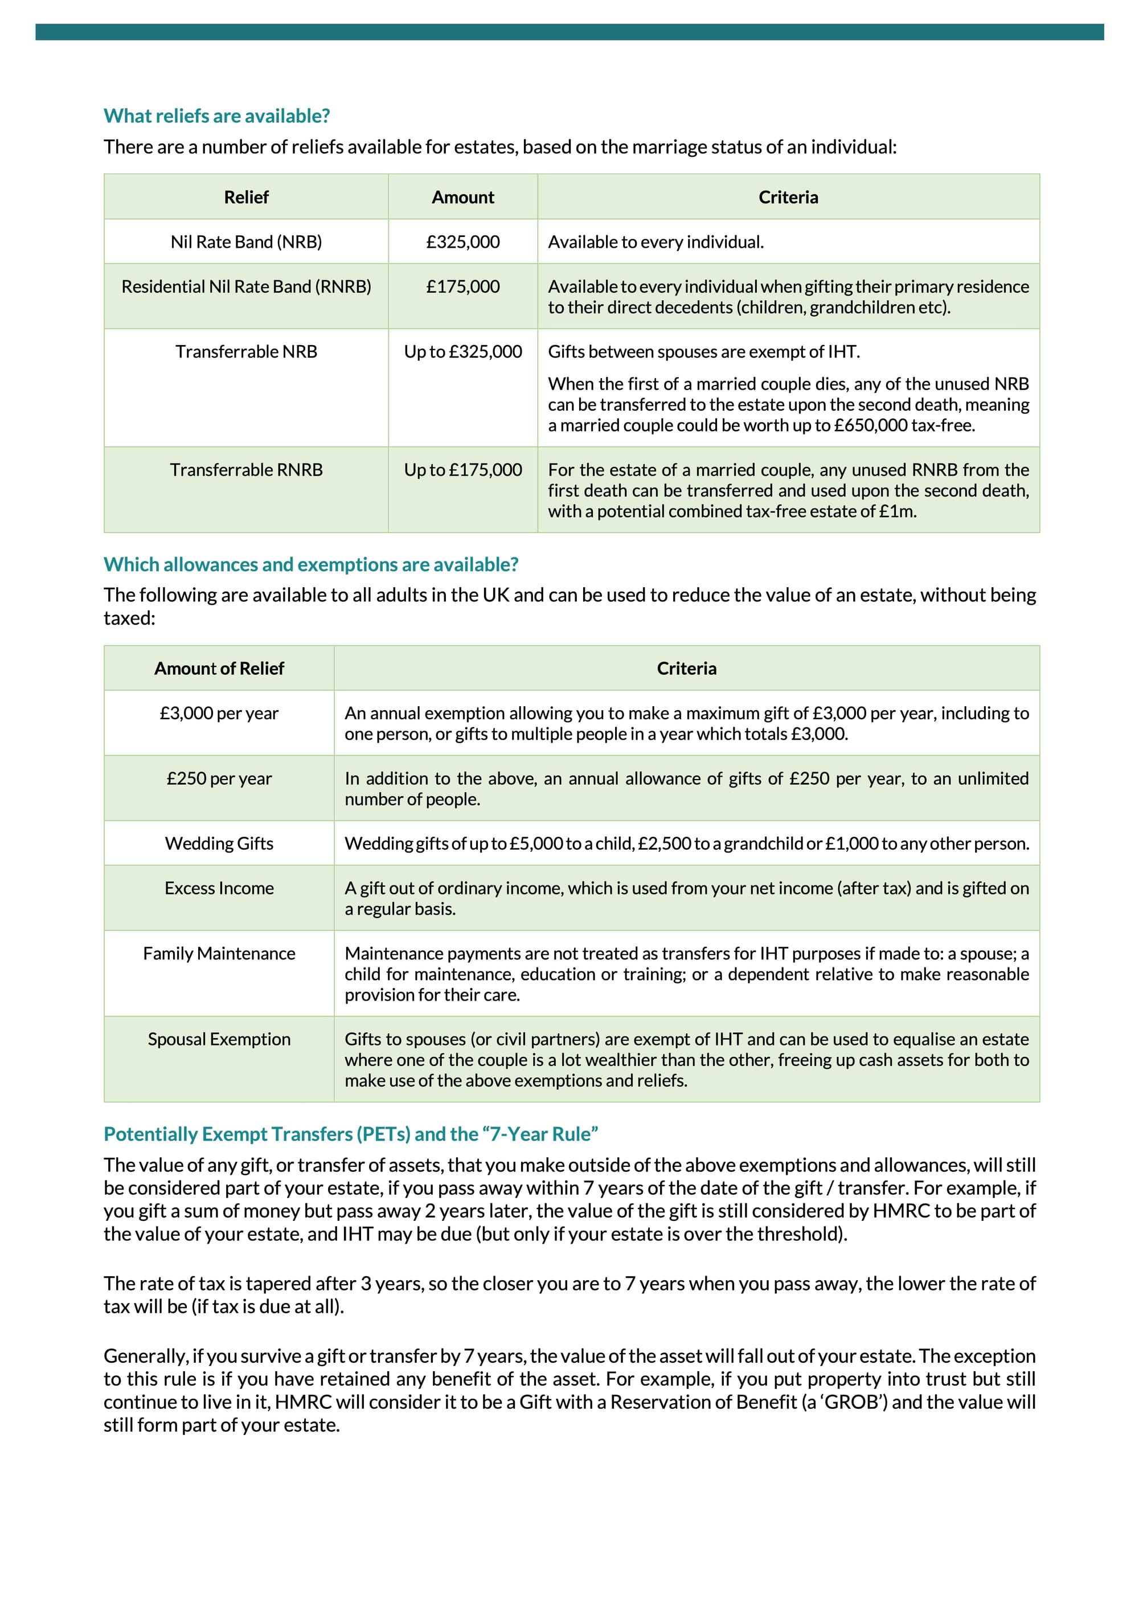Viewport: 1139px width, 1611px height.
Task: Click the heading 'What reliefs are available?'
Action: pos(216,116)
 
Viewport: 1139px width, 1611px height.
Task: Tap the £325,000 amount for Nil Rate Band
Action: pos(462,242)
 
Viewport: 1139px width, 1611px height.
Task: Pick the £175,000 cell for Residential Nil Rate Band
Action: pos(462,286)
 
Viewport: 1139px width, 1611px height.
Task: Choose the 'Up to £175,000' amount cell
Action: pos(462,470)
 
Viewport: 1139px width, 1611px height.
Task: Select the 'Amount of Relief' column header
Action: pos(219,669)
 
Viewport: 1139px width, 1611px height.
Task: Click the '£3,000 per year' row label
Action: pos(219,714)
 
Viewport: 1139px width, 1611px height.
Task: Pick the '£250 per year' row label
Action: pos(219,779)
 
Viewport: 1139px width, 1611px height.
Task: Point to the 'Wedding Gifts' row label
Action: pos(219,843)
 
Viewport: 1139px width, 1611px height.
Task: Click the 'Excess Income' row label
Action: pos(219,888)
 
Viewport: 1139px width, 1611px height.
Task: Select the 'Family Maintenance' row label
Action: pos(219,953)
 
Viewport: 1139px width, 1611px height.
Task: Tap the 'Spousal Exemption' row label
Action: pos(219,1039)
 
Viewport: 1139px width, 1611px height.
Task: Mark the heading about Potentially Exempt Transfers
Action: pos(350,1134)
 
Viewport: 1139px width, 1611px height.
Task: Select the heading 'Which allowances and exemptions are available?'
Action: pos(311,565)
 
